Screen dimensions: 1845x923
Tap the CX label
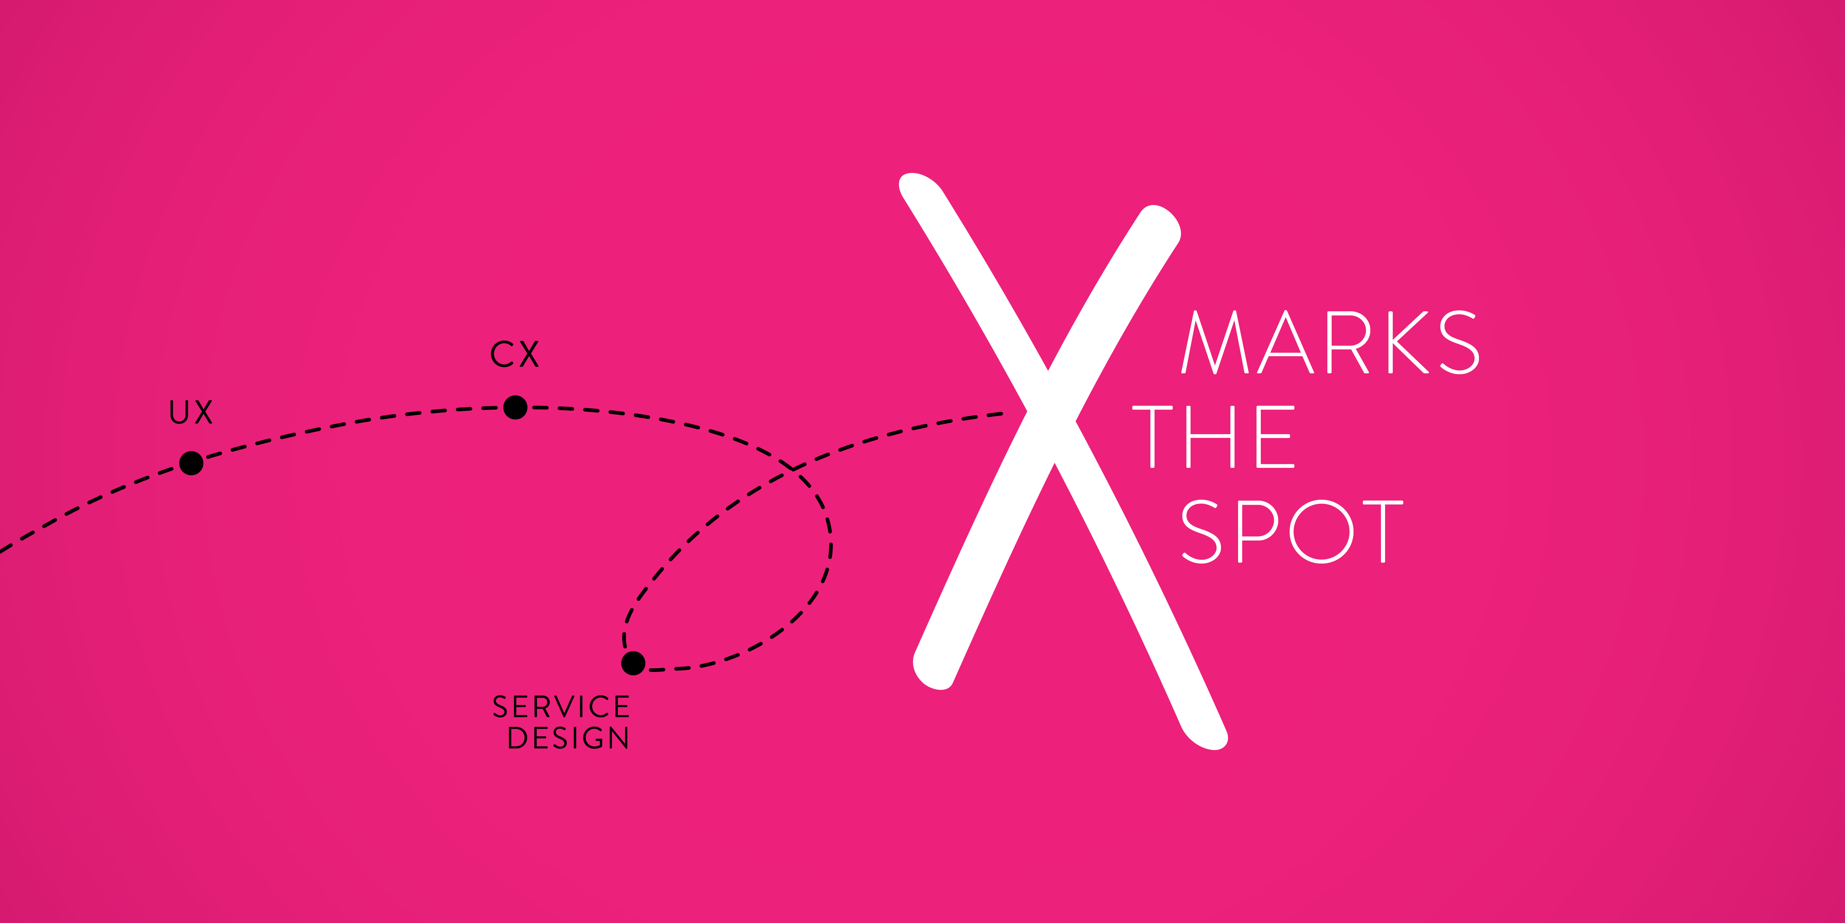[x=514, y=354]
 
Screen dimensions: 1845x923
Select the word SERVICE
[x=561, y=707]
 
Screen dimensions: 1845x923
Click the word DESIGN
[x=568, y=738]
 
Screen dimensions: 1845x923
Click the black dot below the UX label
[x=191, y=463]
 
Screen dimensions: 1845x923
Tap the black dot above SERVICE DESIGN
[x=633, y=663]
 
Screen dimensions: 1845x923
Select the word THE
[x=1213, y=437]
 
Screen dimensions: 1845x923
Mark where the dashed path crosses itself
[x=793, y=469]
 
